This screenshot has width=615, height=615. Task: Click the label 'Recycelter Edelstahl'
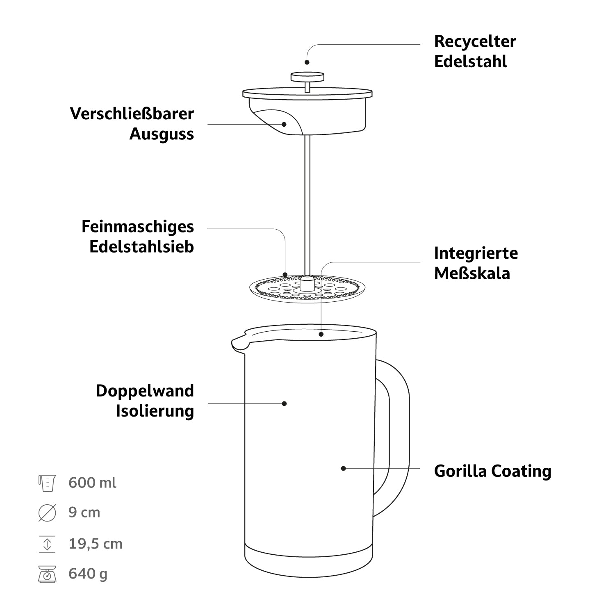475,52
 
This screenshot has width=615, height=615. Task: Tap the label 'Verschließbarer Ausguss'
132,124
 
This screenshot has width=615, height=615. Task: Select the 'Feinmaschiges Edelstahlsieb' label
138,237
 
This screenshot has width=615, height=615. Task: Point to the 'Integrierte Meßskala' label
476,263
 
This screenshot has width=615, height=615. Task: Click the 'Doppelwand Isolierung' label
145,401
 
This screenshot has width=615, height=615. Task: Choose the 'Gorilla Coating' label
492,471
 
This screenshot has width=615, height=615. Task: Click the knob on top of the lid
307,77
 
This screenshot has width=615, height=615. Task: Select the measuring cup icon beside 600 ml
47,483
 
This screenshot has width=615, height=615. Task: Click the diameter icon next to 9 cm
47,513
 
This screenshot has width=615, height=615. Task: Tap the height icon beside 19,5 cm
47,544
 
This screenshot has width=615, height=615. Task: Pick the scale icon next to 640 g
47,574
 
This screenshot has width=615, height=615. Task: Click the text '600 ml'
92,483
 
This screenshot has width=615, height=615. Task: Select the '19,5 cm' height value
96,544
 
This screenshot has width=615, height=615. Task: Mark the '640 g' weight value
88,574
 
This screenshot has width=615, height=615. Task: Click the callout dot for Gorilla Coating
344,468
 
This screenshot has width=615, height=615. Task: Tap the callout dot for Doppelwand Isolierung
284,403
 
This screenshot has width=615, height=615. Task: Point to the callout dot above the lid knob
307,62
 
